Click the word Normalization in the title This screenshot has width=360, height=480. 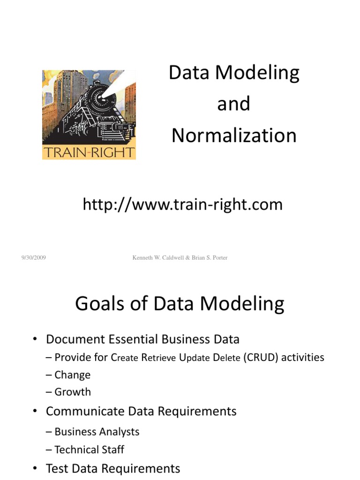tap(234, 135)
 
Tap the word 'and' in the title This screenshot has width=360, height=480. tap(233, 104)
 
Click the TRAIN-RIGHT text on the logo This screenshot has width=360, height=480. tap(89, 152)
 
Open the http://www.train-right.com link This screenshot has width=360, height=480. tap(182, 204)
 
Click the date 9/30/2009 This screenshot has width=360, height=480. tap(33, 257)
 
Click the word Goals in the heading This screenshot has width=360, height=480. tap(103, 304)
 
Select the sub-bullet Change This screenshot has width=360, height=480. tap(72, 375)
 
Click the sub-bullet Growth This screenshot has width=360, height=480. tap(73, 392)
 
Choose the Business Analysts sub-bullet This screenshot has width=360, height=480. tap(97, 432)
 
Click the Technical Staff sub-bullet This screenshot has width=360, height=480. tap(89, 450)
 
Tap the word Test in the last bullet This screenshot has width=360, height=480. tap(57, 468)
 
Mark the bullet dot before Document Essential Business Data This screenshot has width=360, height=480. tap(35, 339)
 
